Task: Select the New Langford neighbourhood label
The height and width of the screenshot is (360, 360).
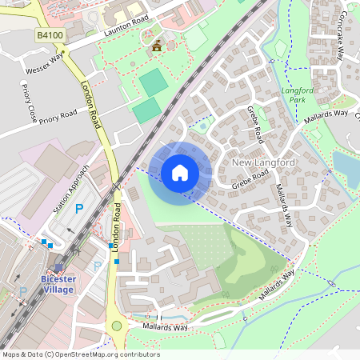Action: (263, 162)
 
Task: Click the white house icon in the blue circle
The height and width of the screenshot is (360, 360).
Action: (180, 172)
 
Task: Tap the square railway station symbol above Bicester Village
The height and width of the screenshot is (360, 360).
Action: (58, 270)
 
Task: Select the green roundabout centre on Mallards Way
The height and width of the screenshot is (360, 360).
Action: (118, 326)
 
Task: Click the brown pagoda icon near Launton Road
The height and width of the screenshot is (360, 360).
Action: (155, 46)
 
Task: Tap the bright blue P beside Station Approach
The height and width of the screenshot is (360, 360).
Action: (78, 208)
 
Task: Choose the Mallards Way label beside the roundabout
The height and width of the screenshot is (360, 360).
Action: (166, 327)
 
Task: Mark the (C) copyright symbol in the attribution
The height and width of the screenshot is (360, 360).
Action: (50, 354)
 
